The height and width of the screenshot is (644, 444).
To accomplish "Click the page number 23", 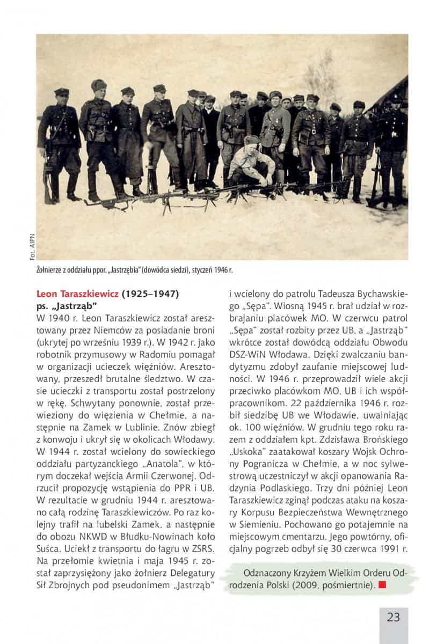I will pos(393,617).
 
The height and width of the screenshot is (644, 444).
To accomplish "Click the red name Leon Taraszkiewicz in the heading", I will pos(77,294).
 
